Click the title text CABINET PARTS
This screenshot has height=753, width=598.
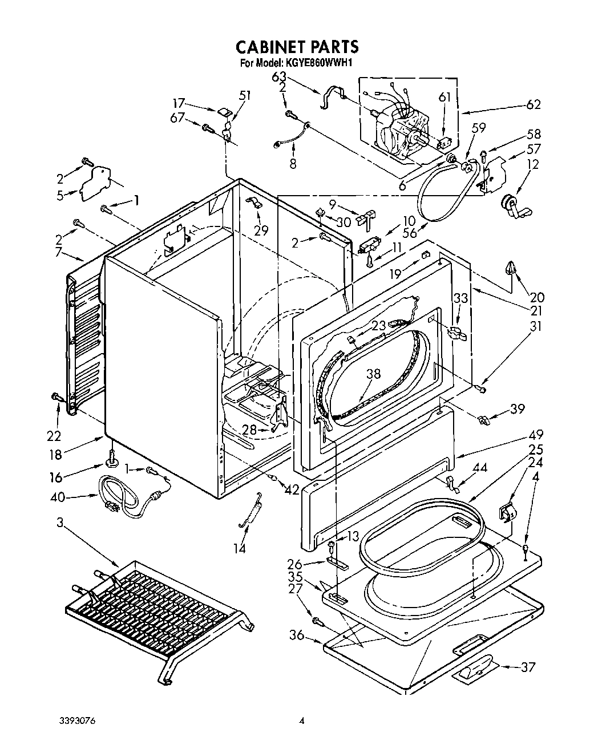click(297, 46)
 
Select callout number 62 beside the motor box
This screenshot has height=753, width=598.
click(534, 104)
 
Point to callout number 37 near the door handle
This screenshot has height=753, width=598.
click(528, 667)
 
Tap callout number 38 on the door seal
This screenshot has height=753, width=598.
click(373, 374)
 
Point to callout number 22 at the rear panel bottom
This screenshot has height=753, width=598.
click(54, 419)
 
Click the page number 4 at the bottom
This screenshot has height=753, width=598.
click(302, 721)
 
